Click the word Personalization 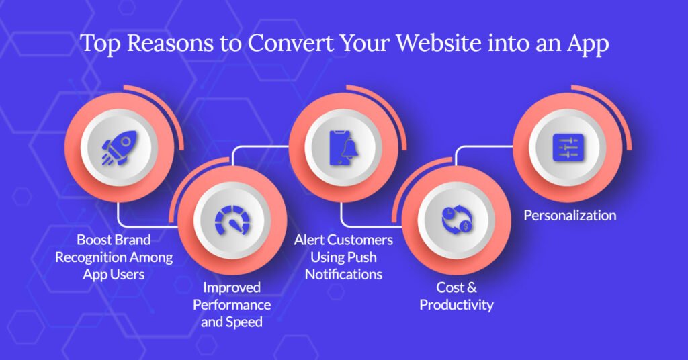click(x=570, y=216)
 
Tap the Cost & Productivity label click(x=456, y=296)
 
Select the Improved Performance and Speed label click(x=232, y=304)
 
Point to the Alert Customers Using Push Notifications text click(x=343, y=257)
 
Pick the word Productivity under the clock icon click(x=456, y=305)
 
